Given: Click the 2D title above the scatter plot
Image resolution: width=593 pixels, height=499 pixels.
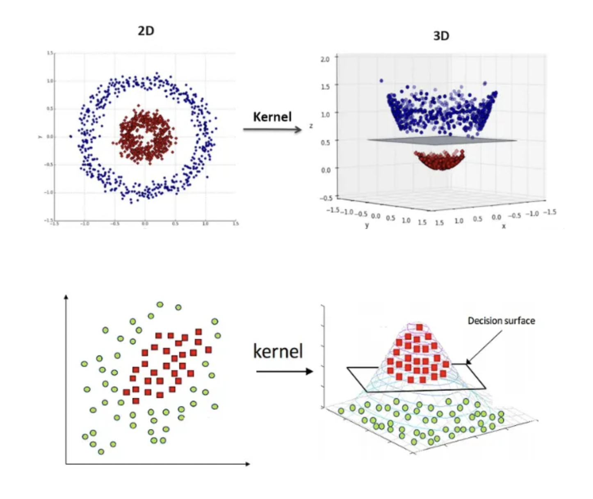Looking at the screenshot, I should point(146,31).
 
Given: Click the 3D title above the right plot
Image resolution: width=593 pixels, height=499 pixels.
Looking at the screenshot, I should point(441,36).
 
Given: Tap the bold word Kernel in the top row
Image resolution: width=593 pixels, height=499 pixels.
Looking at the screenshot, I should point(272,117).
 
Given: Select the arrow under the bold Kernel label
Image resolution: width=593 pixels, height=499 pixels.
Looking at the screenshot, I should point(272,130).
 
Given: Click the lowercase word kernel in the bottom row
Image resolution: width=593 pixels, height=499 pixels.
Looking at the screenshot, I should point(278,351).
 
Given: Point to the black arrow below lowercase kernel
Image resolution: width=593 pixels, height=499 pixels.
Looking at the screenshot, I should point(285,372).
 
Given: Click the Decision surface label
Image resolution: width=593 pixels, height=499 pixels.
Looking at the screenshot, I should point(501,320).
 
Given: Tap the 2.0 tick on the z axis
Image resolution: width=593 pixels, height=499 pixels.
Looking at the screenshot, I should point(325,59).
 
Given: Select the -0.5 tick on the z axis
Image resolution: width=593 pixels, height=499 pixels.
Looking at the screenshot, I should point(326,198).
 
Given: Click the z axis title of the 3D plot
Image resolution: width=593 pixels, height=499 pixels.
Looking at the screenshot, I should point(311,126).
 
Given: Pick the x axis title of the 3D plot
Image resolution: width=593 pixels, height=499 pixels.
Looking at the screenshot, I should point(504,226).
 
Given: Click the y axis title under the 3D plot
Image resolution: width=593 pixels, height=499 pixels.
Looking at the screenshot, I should point(367,225).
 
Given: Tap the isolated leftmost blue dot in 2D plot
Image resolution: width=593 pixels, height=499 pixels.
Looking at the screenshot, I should point(71,136).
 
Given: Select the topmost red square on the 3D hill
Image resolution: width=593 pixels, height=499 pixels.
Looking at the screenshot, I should point(419,327).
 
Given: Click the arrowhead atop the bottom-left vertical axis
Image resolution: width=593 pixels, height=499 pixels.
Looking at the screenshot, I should point(66,296).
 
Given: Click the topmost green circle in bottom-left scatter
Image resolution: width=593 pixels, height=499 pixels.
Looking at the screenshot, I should point(160,304).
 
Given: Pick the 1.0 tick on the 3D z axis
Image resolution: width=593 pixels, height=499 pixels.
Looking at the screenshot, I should point(325,114).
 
